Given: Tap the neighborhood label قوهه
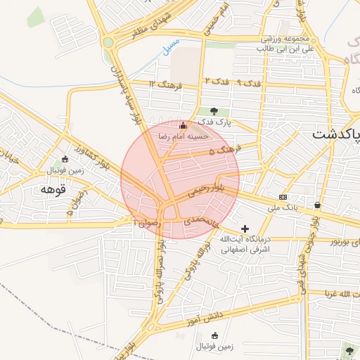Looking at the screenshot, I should click(52, 190).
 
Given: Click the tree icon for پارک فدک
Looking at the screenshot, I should click(214, 111).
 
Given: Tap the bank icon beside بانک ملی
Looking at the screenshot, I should click(283, 197).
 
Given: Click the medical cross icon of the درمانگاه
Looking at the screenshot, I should click(245, 228).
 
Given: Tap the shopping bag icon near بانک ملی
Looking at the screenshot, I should click(318, 205).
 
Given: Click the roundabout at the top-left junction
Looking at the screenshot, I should click(108, 42).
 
